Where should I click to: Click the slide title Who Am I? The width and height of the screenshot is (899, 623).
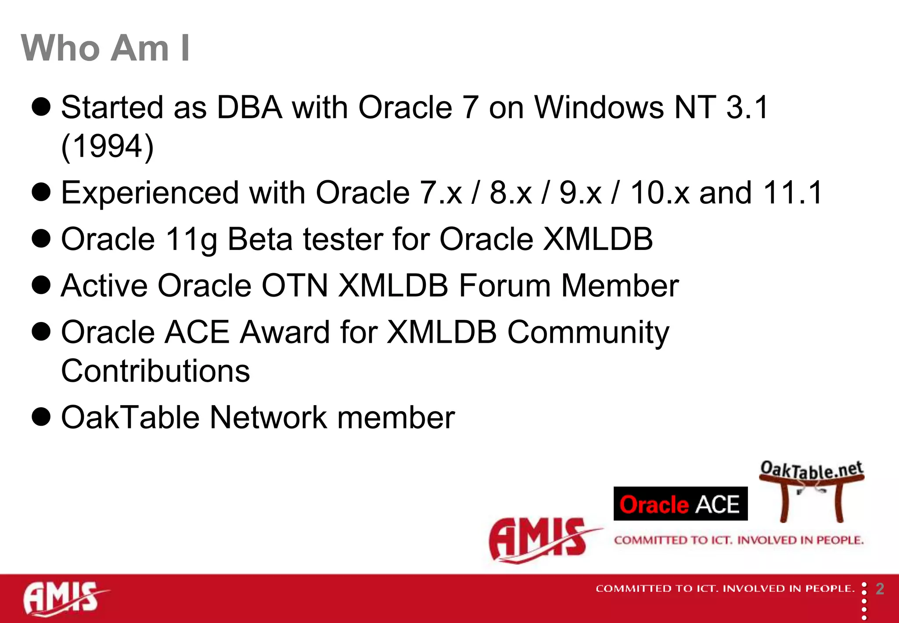coord(105,48)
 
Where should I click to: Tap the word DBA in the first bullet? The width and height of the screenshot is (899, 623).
coord(249,108)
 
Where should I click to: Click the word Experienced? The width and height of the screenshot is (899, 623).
coord(150,193)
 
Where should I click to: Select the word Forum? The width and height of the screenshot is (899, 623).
coord(505,286)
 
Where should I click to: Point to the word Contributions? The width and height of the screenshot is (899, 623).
coord(155,371)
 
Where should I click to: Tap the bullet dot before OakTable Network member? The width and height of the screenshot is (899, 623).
coord(41,417)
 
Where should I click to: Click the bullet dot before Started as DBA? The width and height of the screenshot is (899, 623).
coord(41,107)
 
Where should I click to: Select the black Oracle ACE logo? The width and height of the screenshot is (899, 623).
coord(680,504)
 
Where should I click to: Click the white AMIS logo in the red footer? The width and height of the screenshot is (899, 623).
coord(64,598)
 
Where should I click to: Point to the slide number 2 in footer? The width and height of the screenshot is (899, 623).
coord(880,589)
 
